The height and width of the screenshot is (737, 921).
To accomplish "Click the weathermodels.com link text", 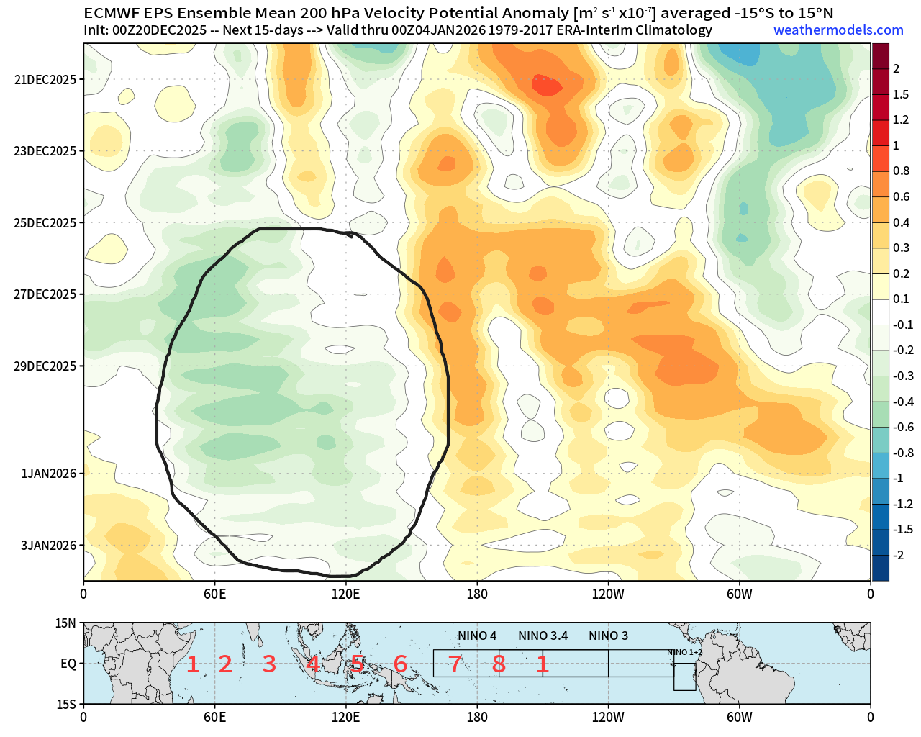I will coord(838,30).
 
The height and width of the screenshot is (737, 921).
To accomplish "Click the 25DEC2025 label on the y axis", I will coord(45,222).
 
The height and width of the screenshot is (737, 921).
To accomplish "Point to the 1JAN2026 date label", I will coord(48,474).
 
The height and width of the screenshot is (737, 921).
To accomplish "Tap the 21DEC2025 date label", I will coord(45,79).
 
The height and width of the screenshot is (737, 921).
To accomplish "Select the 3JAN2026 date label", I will coord(48,546).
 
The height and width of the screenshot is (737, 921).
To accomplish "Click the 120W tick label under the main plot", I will coord(608,594).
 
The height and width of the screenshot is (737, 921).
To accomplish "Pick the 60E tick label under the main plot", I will coord(214,594).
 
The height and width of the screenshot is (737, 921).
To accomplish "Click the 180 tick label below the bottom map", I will coord(477,718).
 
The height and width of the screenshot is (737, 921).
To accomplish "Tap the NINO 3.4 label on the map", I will coord(543,636).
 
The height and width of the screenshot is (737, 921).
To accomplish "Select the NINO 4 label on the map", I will coord(477,636).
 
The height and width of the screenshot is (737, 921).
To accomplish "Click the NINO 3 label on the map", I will coord(608,636).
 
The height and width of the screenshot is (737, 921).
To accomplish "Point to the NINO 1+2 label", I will coord(681,652).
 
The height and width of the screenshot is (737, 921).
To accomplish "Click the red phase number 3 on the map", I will coord(269,664).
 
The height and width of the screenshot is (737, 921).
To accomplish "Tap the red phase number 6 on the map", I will coord(401,664).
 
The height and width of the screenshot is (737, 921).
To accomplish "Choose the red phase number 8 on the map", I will coord(499,664).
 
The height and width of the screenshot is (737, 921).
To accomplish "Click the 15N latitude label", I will coord(66,623).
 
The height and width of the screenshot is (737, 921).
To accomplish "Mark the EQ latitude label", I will coord(68,664).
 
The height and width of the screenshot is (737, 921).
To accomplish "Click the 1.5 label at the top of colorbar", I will coord(900,94).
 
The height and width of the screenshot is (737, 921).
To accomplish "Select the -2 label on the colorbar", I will coord(898,555).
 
